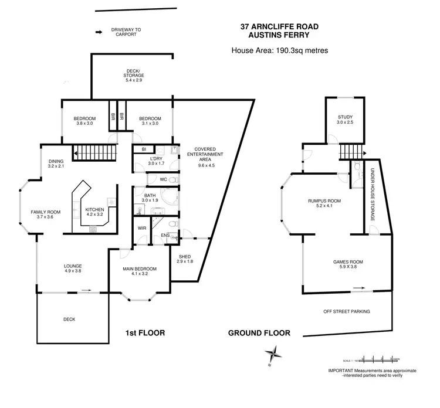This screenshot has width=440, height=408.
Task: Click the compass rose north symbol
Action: coord(273,355)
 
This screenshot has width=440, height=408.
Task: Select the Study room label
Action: coord(344,120)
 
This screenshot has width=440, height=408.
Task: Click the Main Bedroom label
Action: coord(138,269)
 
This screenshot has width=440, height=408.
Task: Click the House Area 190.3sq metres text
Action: coord(279,50)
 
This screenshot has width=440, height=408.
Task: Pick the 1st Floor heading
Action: coord(145,333)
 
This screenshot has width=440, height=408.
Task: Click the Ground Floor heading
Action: coord(259,333)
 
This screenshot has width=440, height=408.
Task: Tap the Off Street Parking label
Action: coord(347,312)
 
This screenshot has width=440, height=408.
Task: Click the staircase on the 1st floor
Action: coord(95,154)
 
